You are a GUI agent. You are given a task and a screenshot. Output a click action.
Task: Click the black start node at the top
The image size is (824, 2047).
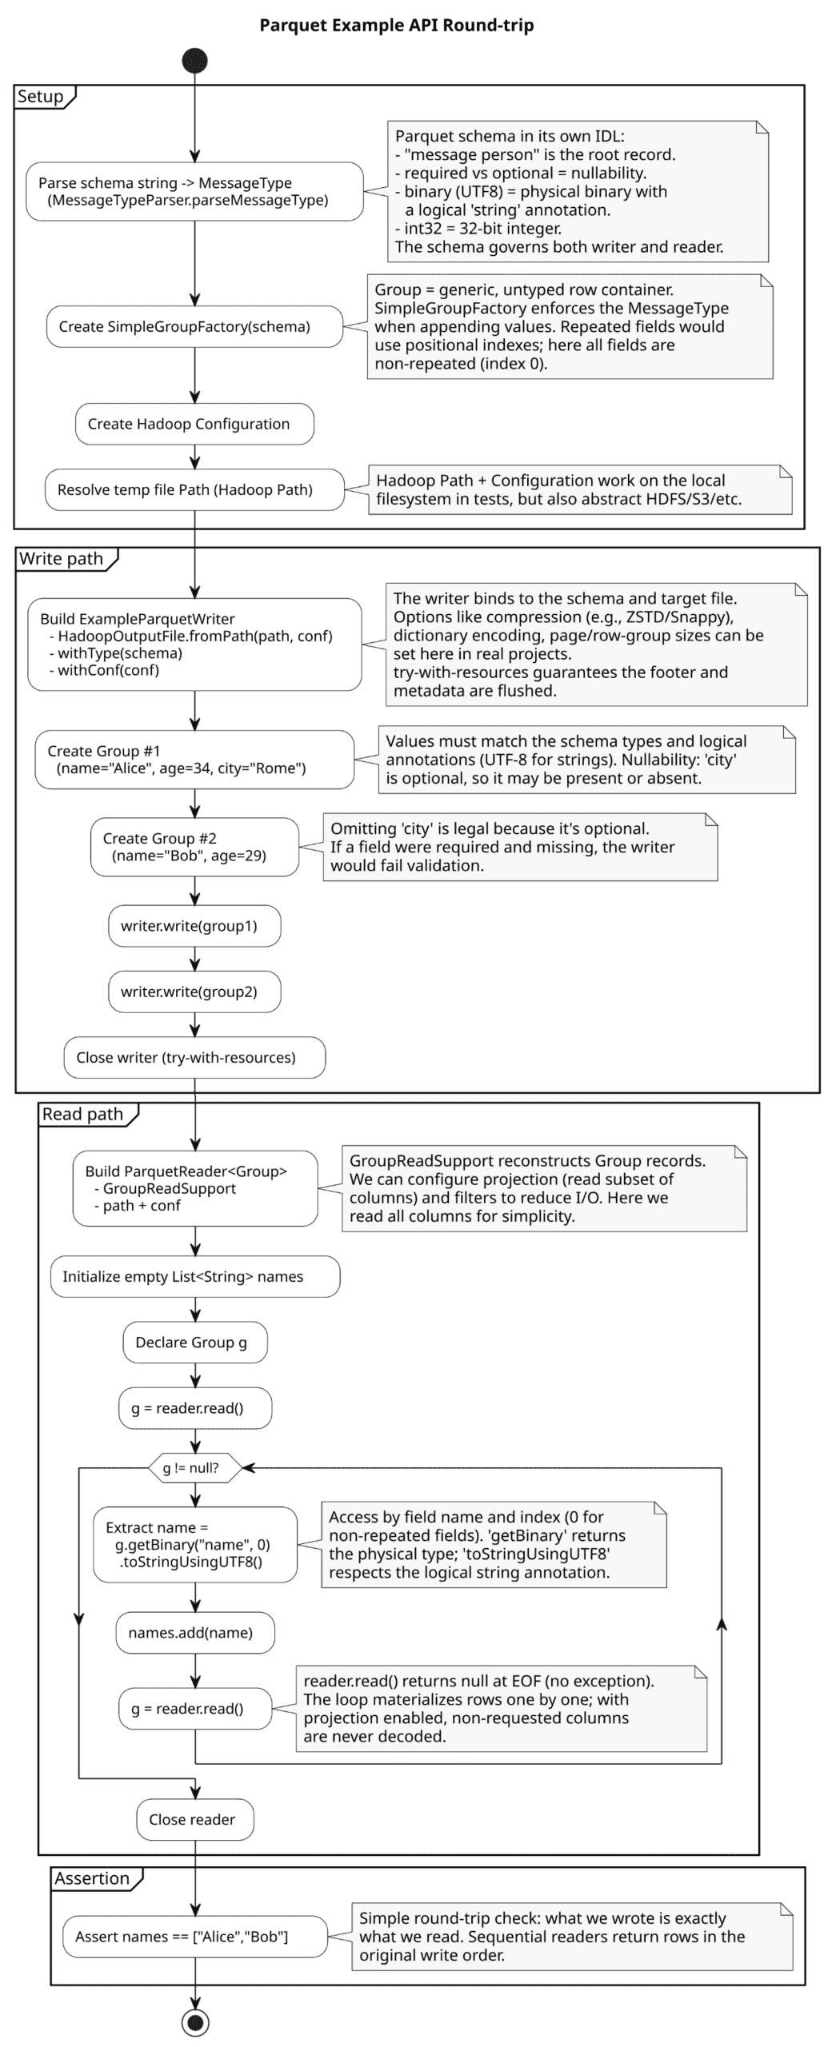(194, 61)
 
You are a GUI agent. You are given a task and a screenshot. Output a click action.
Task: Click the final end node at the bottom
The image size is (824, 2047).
(195, 2022)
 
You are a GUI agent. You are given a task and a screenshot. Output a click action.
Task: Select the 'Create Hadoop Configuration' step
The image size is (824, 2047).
(194, 424)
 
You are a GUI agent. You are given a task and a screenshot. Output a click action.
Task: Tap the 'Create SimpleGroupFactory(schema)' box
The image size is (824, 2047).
(194, 326)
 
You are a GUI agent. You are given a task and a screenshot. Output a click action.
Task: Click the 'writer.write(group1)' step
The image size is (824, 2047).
(194, 926)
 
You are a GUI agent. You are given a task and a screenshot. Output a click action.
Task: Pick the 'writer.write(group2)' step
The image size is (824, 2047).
(194, 992)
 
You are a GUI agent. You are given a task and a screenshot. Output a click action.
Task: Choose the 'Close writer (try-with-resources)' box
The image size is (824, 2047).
(194, 1057)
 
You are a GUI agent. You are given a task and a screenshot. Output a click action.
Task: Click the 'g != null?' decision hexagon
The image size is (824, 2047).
(195, 1467)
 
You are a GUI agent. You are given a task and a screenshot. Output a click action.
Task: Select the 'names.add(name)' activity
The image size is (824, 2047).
(195, 1632)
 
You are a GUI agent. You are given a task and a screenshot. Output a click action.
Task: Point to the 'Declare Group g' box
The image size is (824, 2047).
(195, 1342)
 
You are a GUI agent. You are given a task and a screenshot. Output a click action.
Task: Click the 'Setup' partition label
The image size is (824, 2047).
(41, 97)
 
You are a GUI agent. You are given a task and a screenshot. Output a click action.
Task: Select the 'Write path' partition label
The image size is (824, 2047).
(62, 559)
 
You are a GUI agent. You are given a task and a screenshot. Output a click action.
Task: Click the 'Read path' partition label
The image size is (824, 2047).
(83, 1114)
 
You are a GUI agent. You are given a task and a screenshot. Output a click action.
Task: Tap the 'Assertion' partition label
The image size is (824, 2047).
(92, 1878)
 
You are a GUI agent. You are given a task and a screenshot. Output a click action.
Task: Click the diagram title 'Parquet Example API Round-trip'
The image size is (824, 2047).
(397, 25)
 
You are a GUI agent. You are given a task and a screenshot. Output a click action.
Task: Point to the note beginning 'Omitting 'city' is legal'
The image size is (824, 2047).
(520, 847)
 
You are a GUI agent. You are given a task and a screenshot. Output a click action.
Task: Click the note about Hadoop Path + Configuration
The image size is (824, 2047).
(579, 489)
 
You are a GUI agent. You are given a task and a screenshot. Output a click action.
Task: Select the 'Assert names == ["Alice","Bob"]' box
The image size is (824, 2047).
(195, 1937)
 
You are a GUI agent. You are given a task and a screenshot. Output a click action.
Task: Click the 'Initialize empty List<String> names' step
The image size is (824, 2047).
(195, 1276)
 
